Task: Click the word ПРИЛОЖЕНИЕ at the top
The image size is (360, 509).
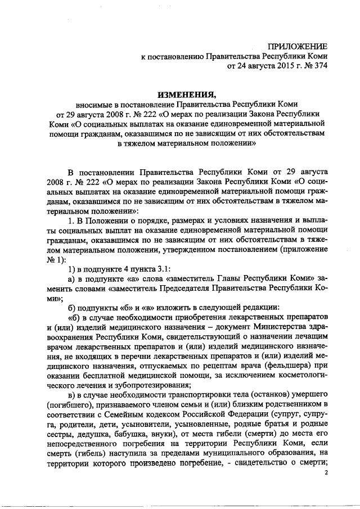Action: tap(298, 46)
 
